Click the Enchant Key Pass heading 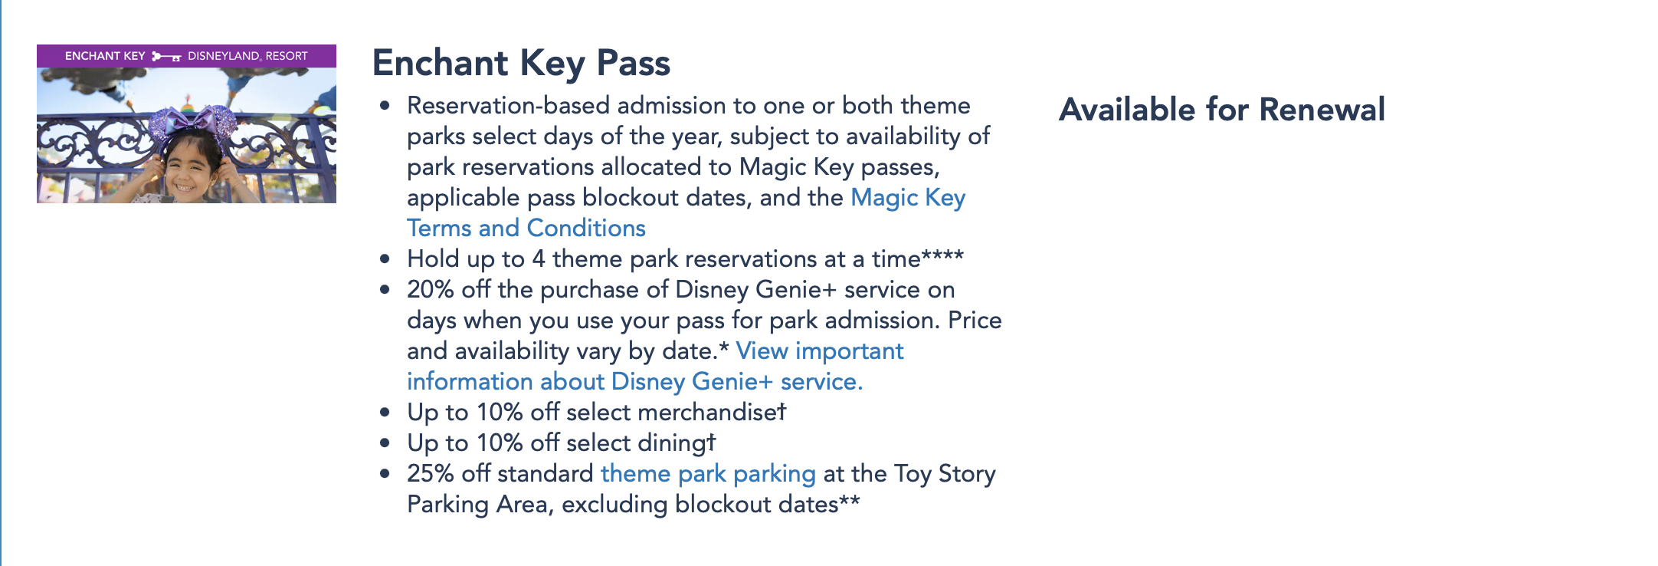(521, 64)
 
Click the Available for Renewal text (1222, 110)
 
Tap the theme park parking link (708, 473)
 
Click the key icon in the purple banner (166, 56)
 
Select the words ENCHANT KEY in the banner (105, 56)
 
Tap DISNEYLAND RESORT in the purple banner (247, 56)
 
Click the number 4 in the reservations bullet (539, 259)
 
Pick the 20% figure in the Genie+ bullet (431, 290)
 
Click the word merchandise (707, 413)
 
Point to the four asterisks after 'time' (942, 255)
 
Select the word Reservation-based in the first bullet (509, 106)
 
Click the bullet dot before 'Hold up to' (385, 260)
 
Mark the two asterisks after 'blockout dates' (850, 500)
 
